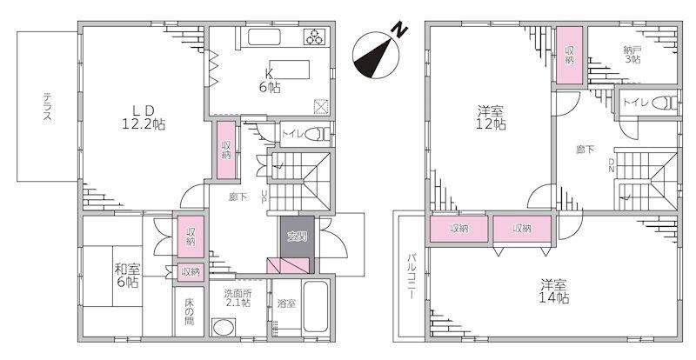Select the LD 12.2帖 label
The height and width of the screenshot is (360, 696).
[x=144, y=117]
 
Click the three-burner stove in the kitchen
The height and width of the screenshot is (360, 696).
[x=316, y=37]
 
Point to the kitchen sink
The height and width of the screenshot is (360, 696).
[x=264, y=37]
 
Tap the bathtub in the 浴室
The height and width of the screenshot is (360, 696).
[x=316, y=306]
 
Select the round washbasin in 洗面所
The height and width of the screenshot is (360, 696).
[x=223, y=328]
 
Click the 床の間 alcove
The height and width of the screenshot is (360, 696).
[x=190, y=311]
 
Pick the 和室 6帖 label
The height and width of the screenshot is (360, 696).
[x=127, y=275]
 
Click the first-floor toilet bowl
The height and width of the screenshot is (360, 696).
[x=320, y=134]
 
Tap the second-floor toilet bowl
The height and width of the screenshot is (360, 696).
[x=666, y=103]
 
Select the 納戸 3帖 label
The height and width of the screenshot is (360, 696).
[x=632, y=54]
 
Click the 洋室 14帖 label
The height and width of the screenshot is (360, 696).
[x=555, y=291]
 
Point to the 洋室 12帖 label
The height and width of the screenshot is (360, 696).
[x=492, y=117]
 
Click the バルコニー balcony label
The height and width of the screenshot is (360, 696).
[x=412, y=275]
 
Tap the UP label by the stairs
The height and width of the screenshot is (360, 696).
[x=264, y=196]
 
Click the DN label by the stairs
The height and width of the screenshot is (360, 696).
[x=612, y=165]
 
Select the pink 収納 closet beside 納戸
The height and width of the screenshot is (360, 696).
[x=570, y=55]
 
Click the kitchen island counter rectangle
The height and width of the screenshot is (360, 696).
[x=290, y=70]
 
